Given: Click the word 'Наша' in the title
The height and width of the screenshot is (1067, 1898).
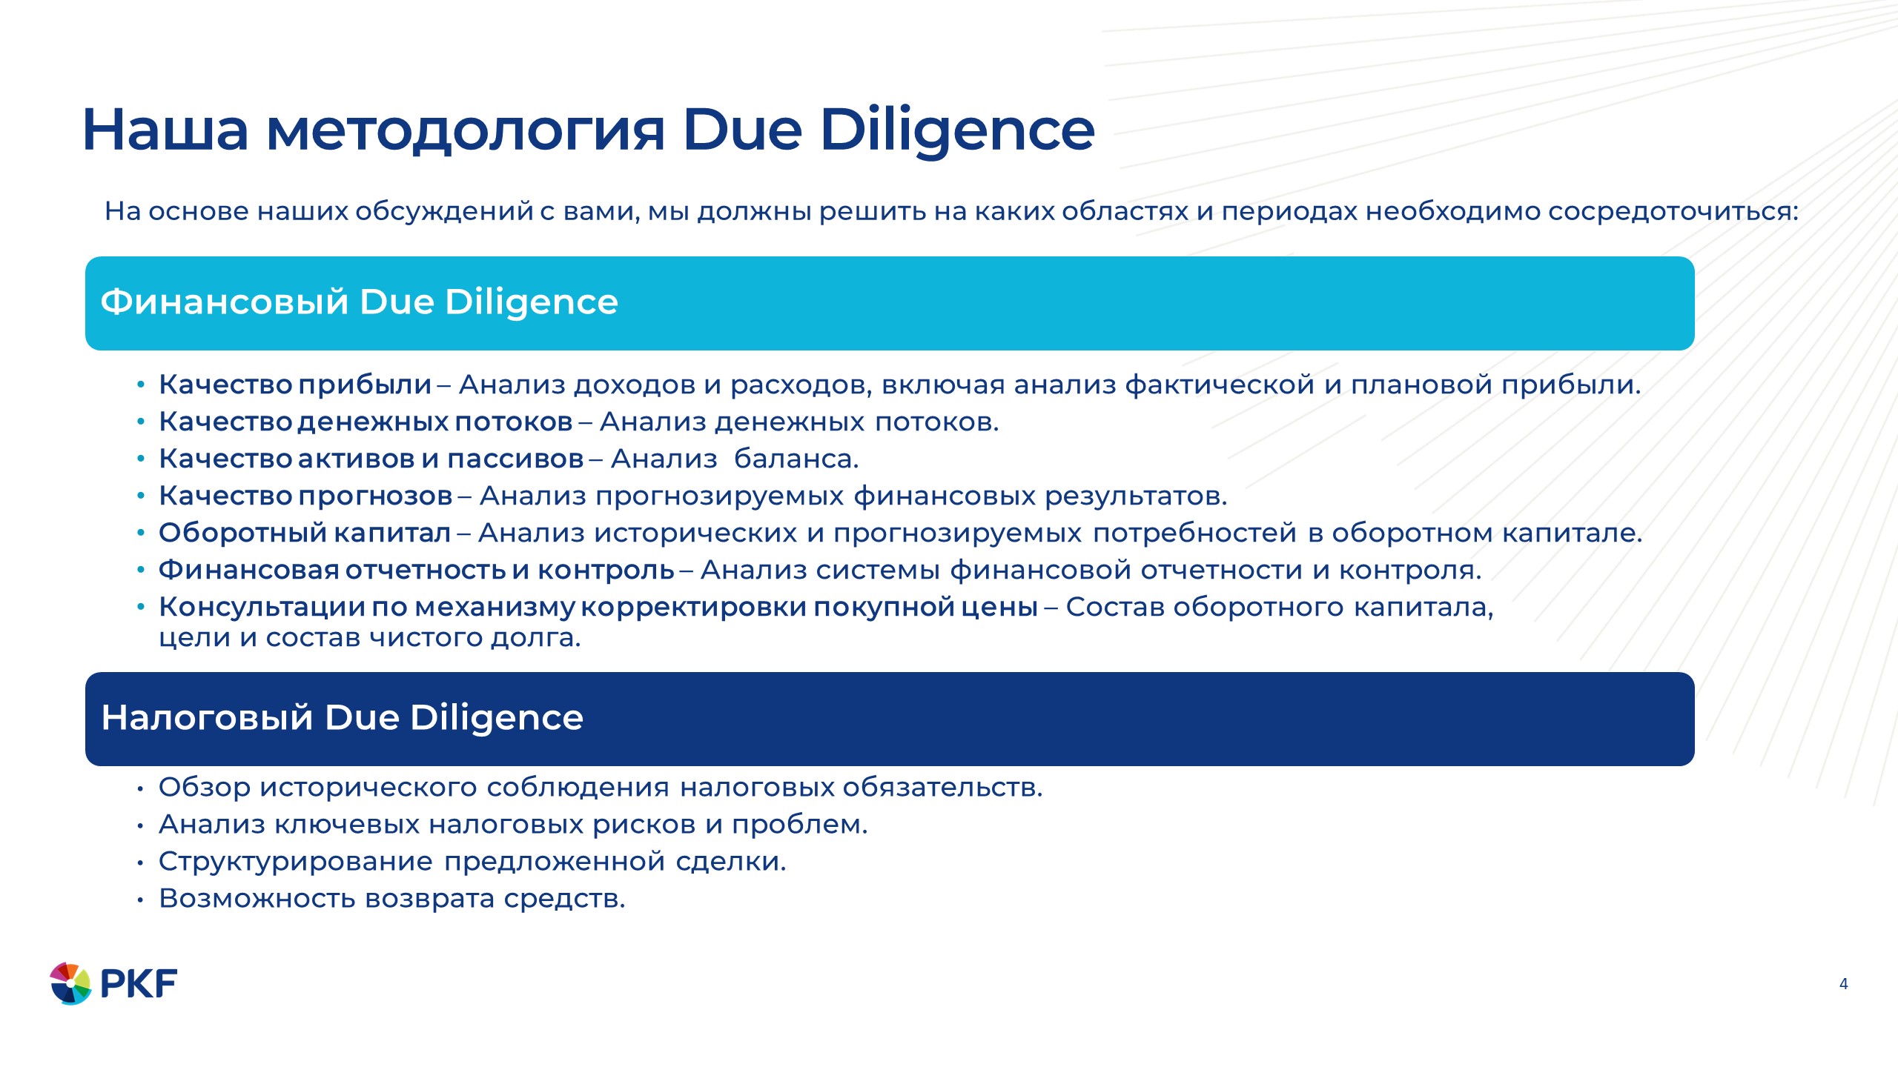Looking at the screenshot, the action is click(x=165, y=130).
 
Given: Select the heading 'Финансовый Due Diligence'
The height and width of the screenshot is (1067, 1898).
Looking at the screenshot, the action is click(x=359, y=302).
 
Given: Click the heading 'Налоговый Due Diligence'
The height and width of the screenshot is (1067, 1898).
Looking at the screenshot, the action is click(x=343, y=718).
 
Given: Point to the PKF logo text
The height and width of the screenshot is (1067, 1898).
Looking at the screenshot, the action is click(x=139, y=984).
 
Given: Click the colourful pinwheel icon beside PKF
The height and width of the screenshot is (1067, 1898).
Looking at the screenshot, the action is click(x=70, y=983).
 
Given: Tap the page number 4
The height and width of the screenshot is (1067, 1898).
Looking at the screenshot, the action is click(x=1843, y=984).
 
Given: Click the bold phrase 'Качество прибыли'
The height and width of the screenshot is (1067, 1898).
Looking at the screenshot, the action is click(x=295, y=385).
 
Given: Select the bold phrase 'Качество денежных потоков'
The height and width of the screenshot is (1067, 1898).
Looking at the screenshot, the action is click(x=366, y=422).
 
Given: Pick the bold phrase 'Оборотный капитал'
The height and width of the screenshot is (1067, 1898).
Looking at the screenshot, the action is click(x=305, y=533).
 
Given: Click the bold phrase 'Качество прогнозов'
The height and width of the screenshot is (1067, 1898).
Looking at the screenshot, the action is click(x=305, y=496).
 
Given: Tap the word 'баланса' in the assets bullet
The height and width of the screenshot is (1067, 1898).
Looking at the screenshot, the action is click(x=796, y=459).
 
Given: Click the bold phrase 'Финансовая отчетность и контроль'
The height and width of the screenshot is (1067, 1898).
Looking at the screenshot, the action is click(x=417, y=571).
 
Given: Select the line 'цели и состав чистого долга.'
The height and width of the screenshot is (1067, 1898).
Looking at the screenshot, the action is click(x=370, y=638).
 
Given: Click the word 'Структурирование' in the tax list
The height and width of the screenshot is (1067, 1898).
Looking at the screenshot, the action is click(x=296, y=862).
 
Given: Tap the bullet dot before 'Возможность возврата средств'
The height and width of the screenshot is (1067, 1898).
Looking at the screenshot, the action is click(x=139, y=900).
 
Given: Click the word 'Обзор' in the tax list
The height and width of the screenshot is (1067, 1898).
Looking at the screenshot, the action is click(x=205, y=788).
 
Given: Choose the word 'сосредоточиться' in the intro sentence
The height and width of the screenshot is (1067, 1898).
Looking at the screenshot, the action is click(x=1673, y=212).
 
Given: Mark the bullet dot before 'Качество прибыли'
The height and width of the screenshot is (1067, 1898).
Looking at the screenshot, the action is click(x=140, y=385).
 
